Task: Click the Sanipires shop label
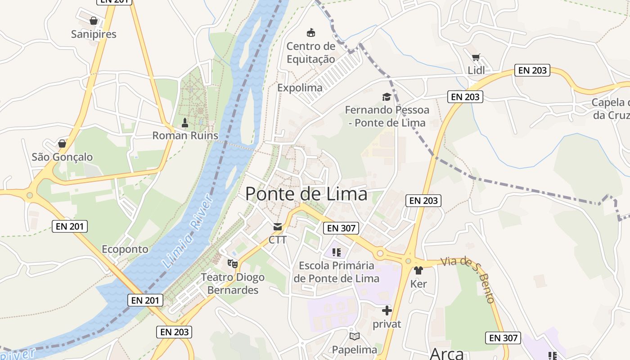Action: coord(94,34)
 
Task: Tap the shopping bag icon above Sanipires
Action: coord(94,21)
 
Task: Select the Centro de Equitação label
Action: coord(311,53)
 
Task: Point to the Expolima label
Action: coord(300,88)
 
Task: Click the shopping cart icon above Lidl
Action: coord(476,58)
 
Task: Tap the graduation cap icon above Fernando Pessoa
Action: coord(387,97)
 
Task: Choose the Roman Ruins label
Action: coord(185,135)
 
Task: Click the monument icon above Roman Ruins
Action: coord(185,122)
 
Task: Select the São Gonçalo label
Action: coord(62,157)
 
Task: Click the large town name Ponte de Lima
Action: coord(306,194)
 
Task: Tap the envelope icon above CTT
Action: coord(278,227)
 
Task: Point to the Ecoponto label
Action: coord(125,249)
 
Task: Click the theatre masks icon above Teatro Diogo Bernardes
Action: coord(233,263)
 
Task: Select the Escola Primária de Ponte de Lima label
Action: coord(337,272)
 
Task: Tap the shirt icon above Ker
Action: coord(418,270)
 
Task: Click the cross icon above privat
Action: coord(387,310)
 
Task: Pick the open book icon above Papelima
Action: coord(355,336)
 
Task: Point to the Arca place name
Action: coord(447,354)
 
